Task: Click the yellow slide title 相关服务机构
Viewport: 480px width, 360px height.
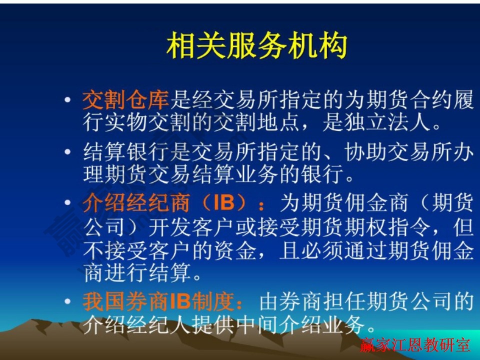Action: coord(256,46)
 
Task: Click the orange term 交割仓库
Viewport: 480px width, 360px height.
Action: coord(126,101)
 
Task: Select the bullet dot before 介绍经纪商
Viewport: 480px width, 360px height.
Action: coord(68,204)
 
